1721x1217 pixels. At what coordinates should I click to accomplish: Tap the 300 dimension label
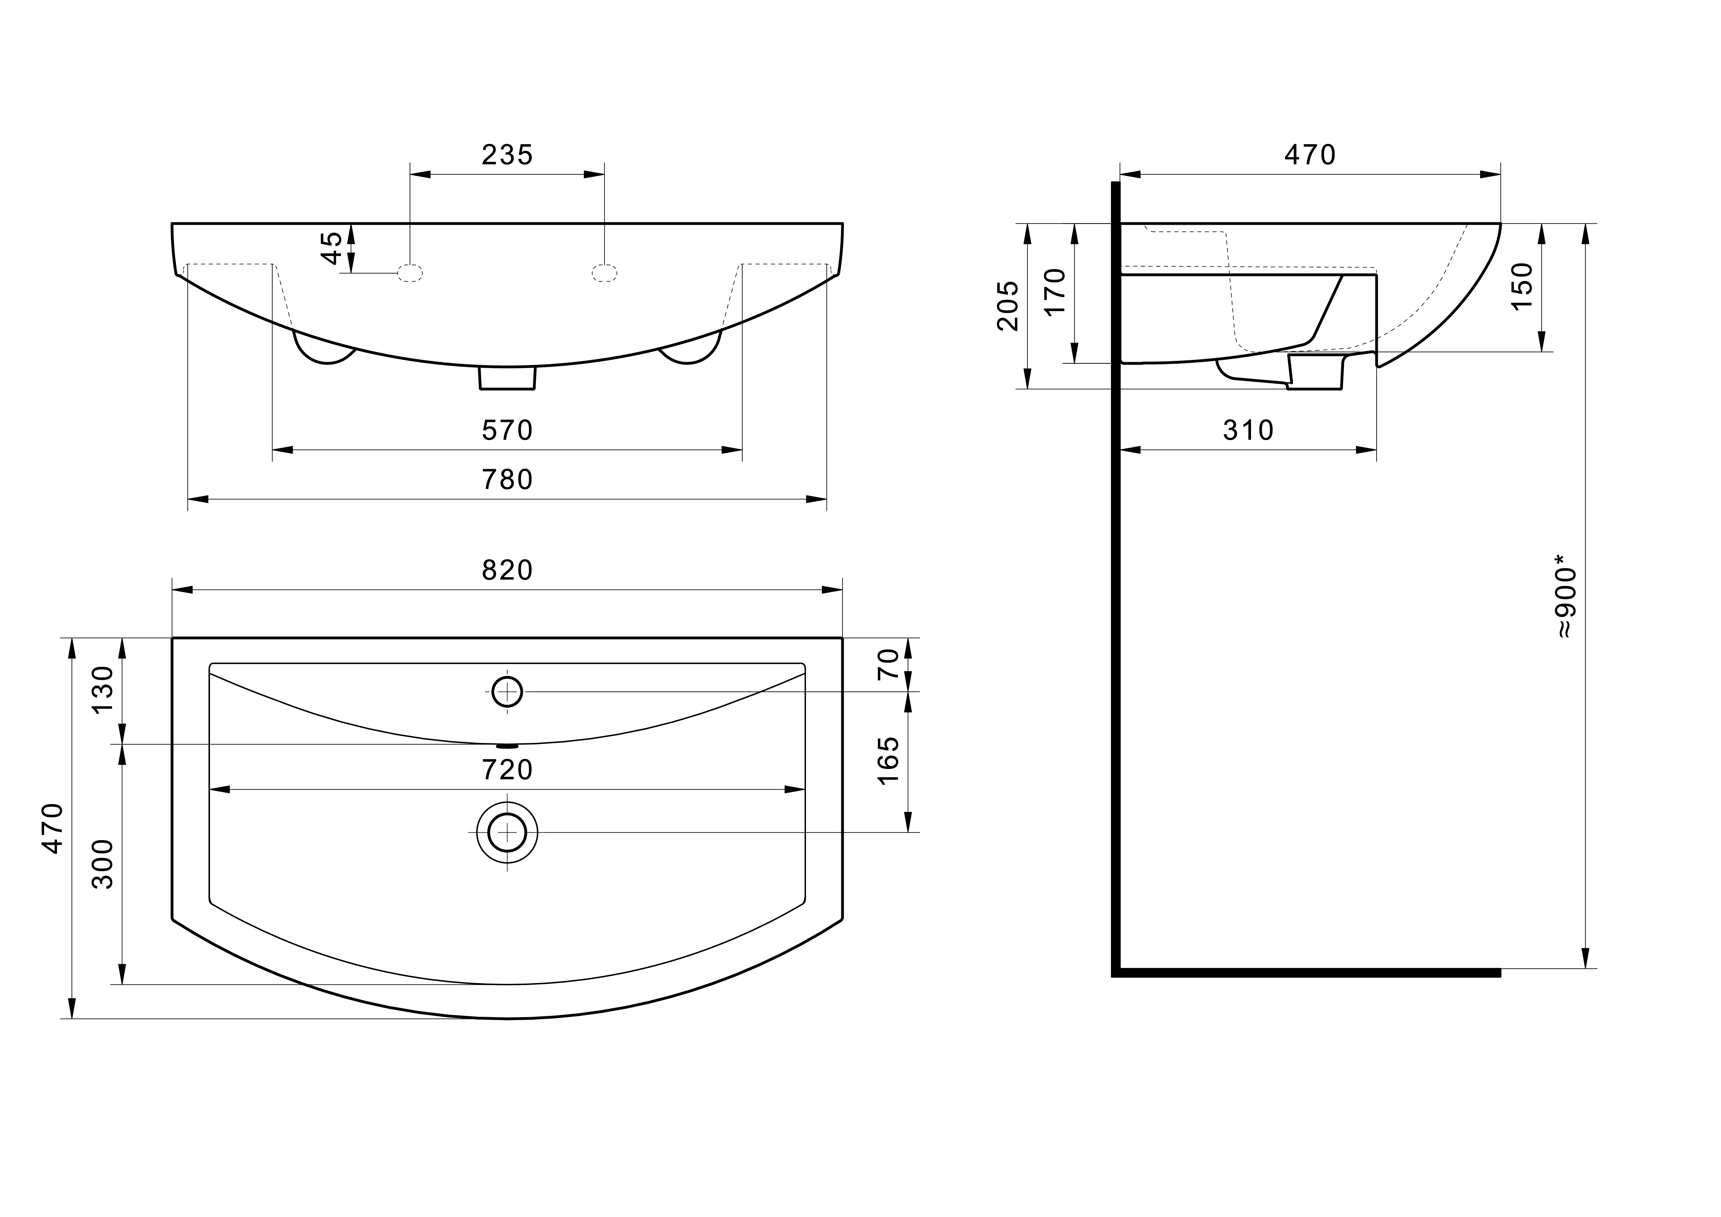click(x=103, y=864)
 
